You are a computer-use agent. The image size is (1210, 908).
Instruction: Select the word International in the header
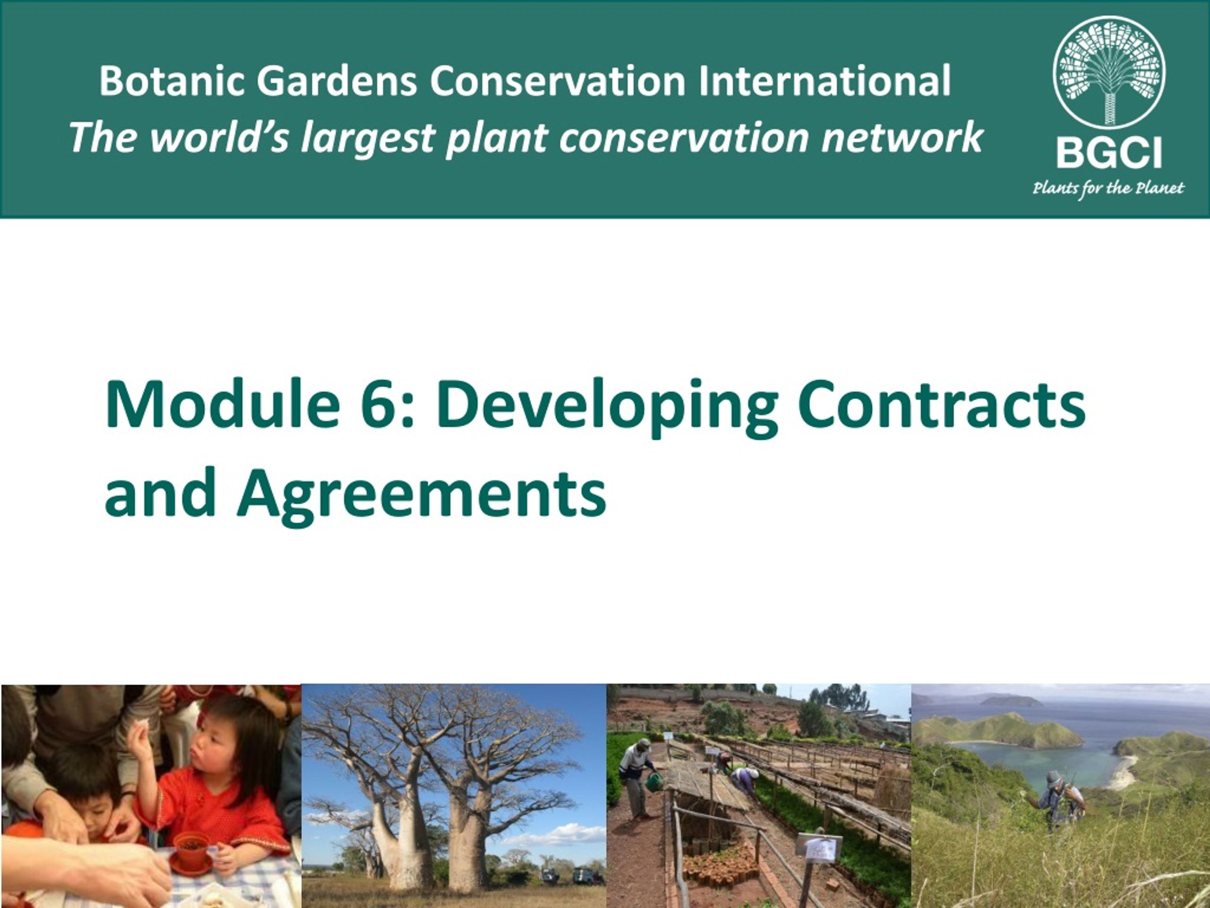coord(824,81)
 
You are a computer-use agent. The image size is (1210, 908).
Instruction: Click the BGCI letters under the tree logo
coord(1109,153)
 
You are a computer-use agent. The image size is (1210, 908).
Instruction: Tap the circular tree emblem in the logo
coord(1109,73)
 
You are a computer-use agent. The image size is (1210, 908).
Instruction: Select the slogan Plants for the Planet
coord(1108,189)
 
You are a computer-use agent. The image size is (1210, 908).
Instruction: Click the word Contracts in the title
coord(942,405)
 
